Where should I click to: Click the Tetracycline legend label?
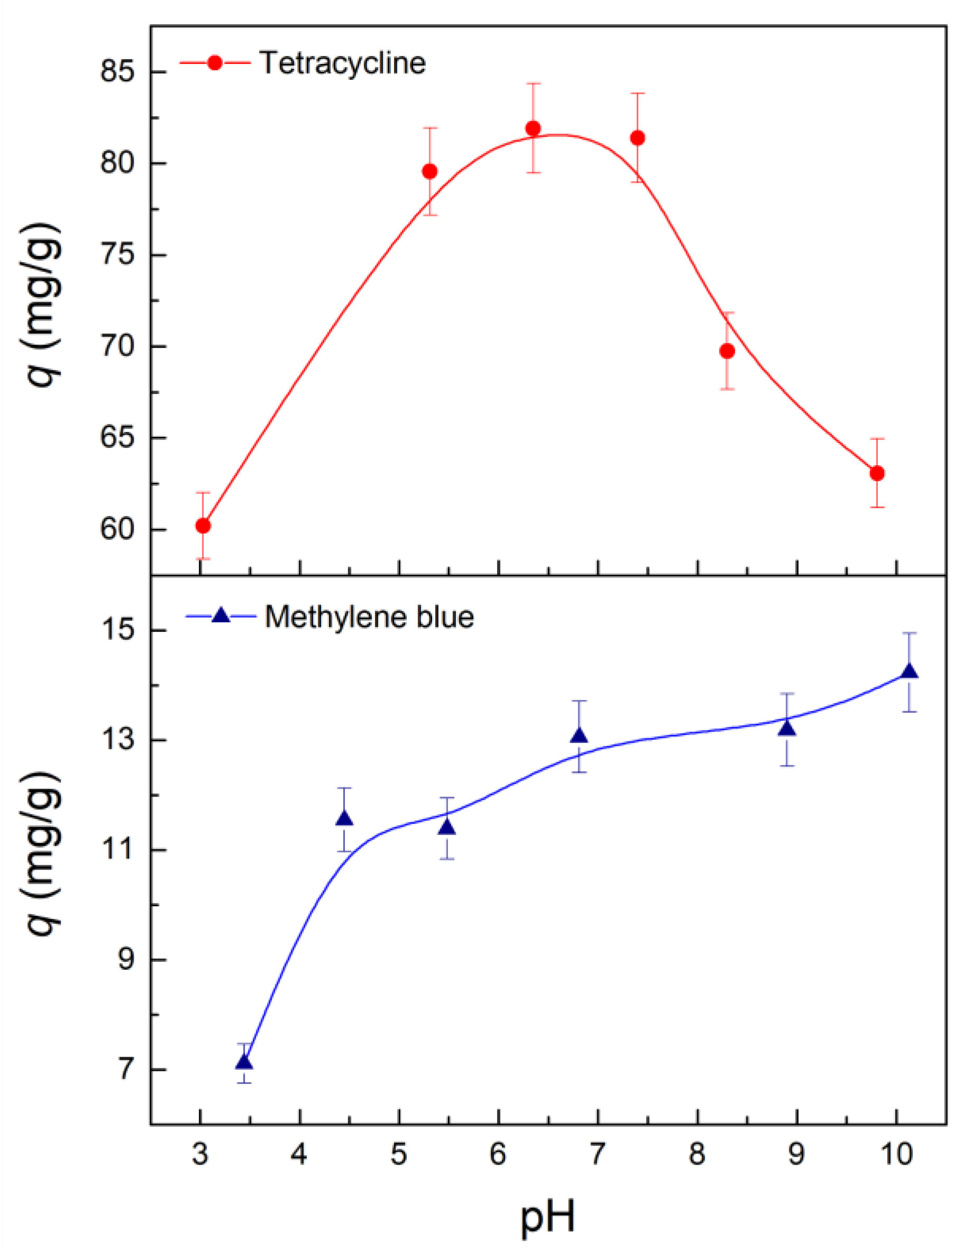(x=343, y=62)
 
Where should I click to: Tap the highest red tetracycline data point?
(x=533, y=128)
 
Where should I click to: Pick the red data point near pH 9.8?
(x=877, y=473)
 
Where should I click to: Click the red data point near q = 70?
(x=727, y=351)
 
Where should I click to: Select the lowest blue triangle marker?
(x=245, y=1063)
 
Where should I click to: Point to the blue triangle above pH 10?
(x=910, y=672)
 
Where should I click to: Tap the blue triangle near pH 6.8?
(x=579, y=736)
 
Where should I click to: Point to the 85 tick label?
(x=117, y=72)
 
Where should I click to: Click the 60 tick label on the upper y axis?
(x=117, y=529)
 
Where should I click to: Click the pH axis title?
(x=547, y=1217)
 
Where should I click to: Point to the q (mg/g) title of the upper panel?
(x=40, y=304)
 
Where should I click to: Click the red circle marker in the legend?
(x=215, y=62)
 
